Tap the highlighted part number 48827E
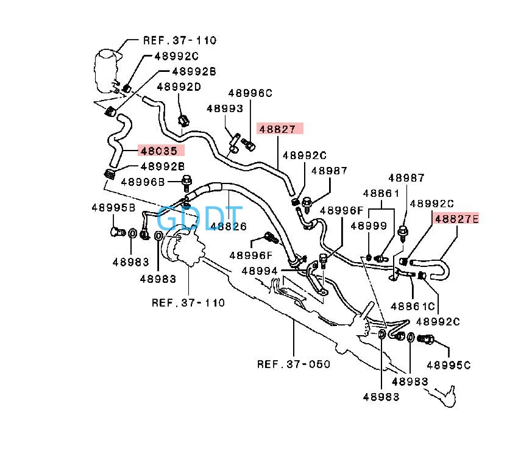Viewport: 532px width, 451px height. tap(456, 218)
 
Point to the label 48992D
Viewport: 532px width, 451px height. tap(179, 87)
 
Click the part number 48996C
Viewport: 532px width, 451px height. tap(250, 93)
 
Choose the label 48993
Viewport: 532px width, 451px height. tap(224, 108)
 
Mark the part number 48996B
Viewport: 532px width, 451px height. tap(143, 181)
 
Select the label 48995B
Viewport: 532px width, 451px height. tap(113, 207)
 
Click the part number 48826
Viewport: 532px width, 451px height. tap(228, 226)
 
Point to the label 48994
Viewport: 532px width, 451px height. tap(260, 271)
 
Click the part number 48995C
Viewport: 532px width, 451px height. tap(449, 365)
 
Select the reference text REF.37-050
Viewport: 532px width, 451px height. tap(294, 364)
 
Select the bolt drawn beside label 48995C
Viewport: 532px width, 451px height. tap(426, 339)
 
